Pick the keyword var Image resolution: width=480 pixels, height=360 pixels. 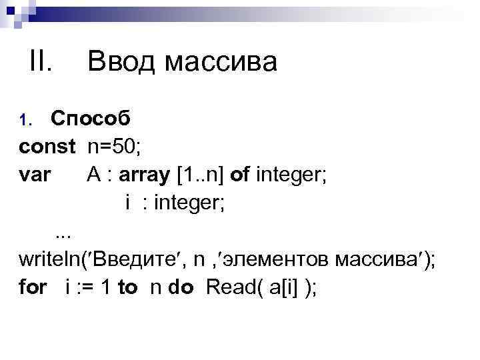pos(35,174)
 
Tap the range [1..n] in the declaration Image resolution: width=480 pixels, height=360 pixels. pos(200,174)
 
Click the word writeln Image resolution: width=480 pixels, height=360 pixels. pos(51,259)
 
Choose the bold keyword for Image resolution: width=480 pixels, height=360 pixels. pos(33,287)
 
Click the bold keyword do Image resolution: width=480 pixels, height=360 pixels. pos(181,287)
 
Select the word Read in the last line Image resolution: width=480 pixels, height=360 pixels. pos(227,287)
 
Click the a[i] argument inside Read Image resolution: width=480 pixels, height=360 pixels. pos(279,287)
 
